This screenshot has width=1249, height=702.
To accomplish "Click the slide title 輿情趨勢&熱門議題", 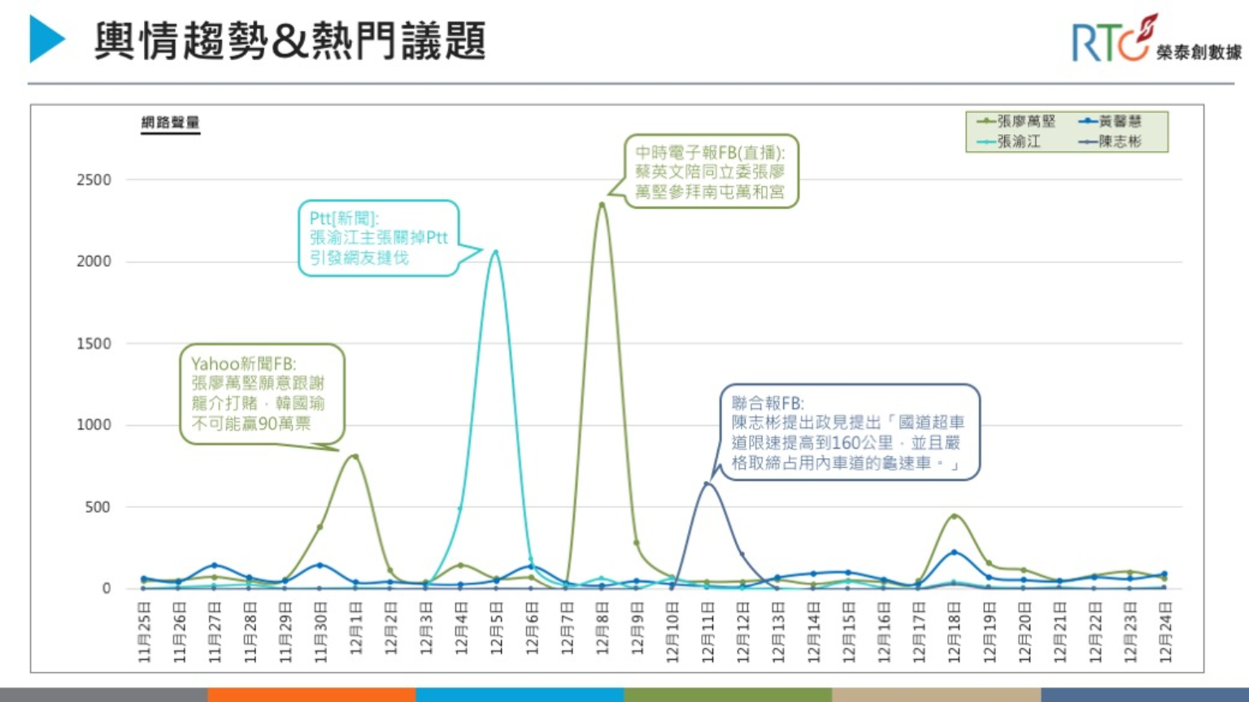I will (289, 41).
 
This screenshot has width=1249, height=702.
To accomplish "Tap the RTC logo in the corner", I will (1155, 40).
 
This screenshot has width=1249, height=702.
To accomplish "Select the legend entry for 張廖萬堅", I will (1017, 122).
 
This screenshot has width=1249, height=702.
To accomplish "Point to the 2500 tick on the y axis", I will (94, 180).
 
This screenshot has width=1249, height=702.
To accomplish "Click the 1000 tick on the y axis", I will (94, 425).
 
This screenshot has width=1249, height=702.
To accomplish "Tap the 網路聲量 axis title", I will (170, 123).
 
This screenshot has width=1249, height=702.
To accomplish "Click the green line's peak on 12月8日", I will (602, 204).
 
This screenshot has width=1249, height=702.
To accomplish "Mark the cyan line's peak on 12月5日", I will (495, 251).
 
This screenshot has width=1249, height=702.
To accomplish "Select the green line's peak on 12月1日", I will (355, 456).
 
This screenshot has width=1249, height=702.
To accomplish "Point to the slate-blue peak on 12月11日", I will (707, 483).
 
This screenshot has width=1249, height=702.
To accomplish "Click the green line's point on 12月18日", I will (955, 516).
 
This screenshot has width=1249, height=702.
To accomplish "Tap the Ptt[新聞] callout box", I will (378, 238).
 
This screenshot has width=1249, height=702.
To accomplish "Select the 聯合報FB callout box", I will (849, 432).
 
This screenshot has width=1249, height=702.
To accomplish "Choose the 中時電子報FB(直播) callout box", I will (711, 171).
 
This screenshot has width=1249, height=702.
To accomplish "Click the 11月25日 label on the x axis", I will (145, 632).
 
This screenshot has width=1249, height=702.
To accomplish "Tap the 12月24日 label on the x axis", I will (1165, 632).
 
